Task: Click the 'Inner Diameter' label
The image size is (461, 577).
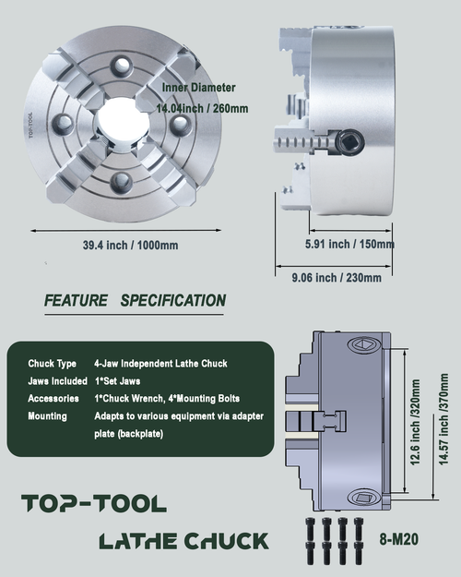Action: point(198,88)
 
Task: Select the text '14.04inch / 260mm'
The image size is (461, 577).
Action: point(201,108)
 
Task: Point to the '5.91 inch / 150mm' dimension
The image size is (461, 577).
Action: point(349,245)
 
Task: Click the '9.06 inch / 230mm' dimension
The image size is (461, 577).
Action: point(336,278)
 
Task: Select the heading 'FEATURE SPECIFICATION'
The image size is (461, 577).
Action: point(135,300)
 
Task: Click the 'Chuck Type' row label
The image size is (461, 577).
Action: point(53,363)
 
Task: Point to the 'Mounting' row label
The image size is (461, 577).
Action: point(48,416)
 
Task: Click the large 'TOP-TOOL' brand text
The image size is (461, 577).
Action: point(93,503)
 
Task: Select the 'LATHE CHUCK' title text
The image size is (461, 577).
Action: point(183,540)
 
